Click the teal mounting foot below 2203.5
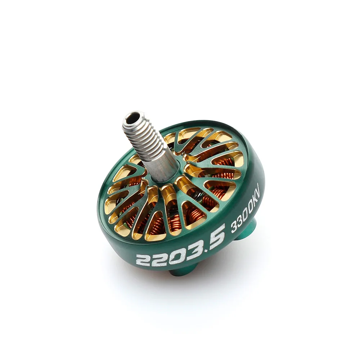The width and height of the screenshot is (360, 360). click(184, 270)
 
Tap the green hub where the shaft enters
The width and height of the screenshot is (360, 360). click(180, 173)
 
